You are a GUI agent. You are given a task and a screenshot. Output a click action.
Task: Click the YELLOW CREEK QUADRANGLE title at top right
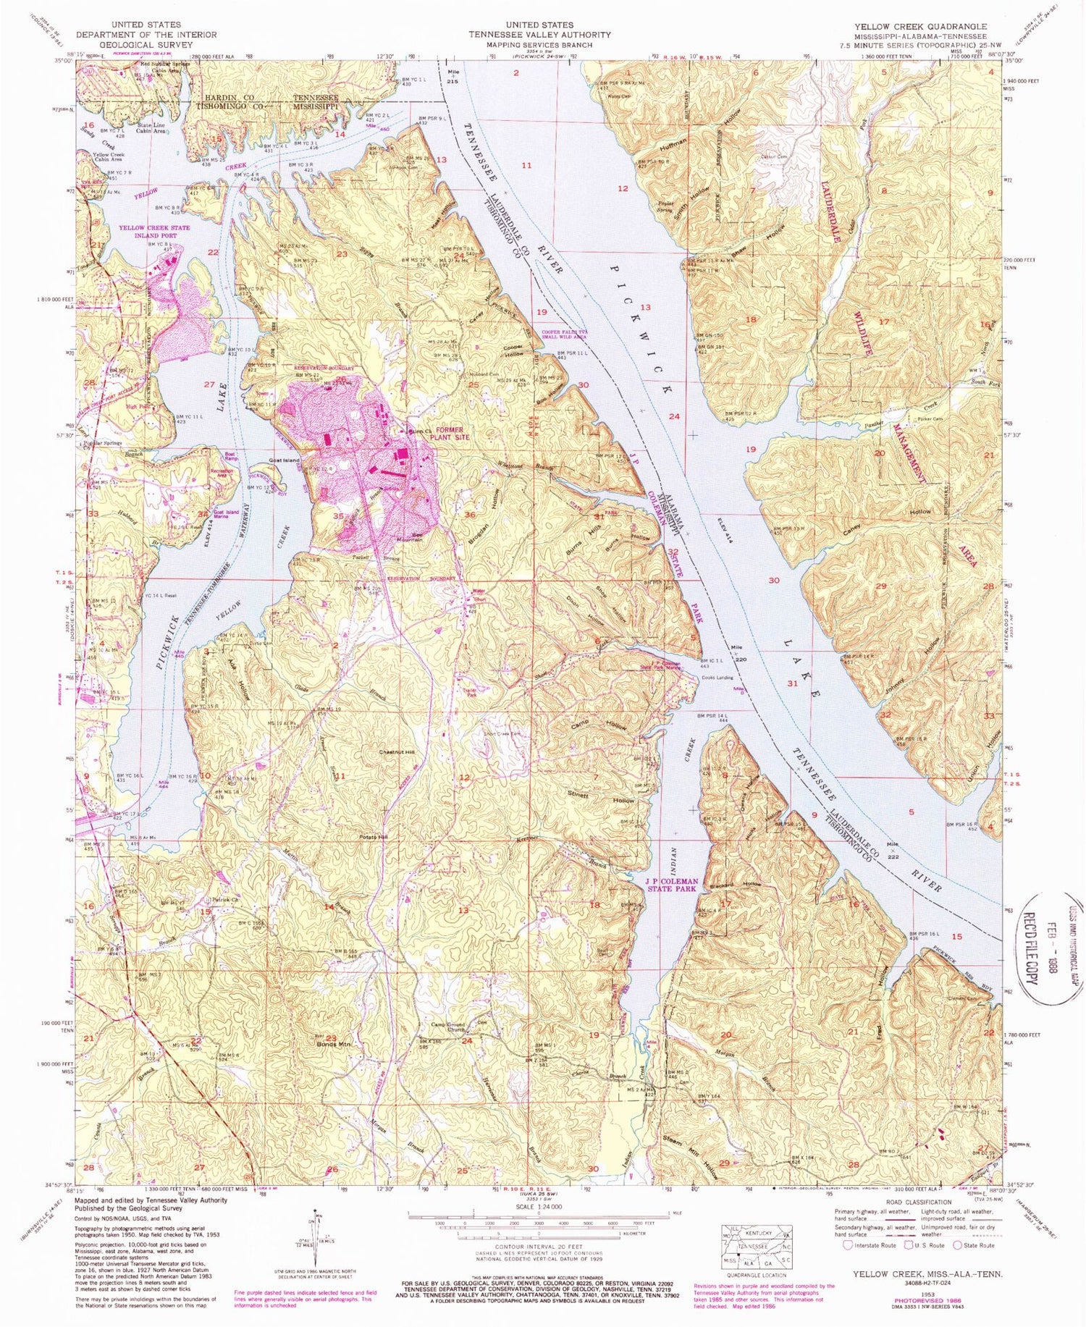click(x=919, y=26)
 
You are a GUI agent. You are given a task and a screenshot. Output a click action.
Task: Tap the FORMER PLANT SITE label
click(x=450, y=433)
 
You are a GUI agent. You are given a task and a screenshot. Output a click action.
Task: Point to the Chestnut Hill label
click(x=397, y=752)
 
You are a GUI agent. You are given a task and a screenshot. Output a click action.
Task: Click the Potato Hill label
click(x=374, y=837)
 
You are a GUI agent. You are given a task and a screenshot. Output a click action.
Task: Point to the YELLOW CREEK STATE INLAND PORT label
click(x=154, y=232)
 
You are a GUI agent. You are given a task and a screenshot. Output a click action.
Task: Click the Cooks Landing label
click(x=717, y=678)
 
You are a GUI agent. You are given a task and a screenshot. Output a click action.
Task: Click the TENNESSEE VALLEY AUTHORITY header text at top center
click(x=539, y=34)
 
